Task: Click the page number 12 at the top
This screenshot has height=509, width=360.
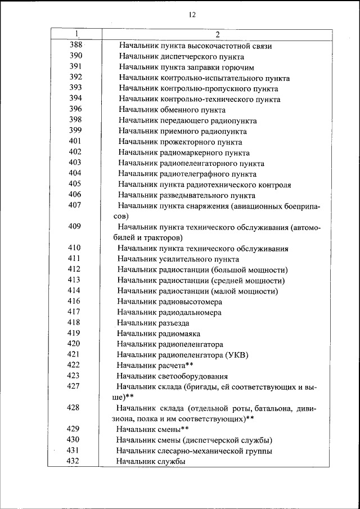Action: coord(192,15)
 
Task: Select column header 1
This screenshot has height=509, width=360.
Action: coord(76,35)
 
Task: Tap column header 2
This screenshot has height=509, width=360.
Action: coord(217,35)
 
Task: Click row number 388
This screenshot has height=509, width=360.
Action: coord(75,46)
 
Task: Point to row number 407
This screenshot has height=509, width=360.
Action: coord(75,205)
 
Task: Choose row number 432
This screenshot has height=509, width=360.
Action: coord(74,461)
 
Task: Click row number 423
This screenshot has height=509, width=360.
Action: coord(74,376)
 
